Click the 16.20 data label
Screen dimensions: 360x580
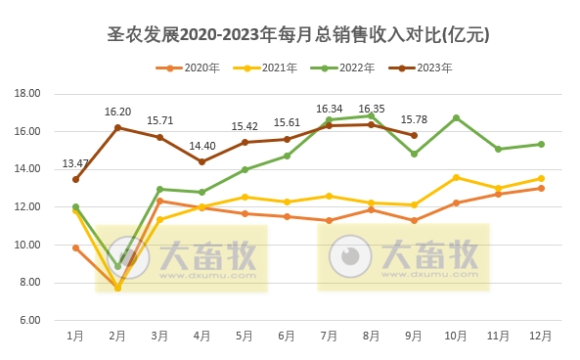(117, 112)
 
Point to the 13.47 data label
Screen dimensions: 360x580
(75, 163)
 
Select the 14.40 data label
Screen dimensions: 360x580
(202, 146)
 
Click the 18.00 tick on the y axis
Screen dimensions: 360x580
(27, 94)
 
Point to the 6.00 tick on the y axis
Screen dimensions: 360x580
(29, 320)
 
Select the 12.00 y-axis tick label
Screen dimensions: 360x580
(27, 207)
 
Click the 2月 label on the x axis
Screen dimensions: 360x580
(117, 336)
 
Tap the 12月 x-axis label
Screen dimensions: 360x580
(540, 336)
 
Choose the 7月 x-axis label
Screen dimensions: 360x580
(329, 336)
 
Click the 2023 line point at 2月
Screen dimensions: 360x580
(117, 127)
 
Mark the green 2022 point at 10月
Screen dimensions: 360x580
(456, 117)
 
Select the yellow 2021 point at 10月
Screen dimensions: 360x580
(456, 177)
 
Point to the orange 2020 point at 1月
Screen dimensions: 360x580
(75, 247)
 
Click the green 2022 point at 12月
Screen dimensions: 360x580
(541, 144)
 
